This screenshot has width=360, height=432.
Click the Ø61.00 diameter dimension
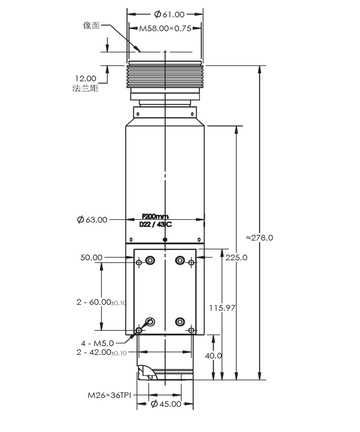point(169,14)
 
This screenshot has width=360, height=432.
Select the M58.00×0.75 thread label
point(165,28)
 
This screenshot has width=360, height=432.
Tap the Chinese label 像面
point(91,26)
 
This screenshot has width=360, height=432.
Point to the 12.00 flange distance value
point(86,78)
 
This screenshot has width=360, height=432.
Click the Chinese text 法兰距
point(85,88)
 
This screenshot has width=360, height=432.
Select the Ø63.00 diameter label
point(93,220)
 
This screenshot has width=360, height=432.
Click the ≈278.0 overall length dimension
point(260,238)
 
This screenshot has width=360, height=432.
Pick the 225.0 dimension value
point(236,257)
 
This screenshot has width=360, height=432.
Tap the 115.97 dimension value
point(222,308)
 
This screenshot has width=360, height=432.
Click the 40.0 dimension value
point(213,356)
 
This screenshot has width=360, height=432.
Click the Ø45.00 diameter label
point(166,404)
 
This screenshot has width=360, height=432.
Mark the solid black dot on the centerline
point(165,239)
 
